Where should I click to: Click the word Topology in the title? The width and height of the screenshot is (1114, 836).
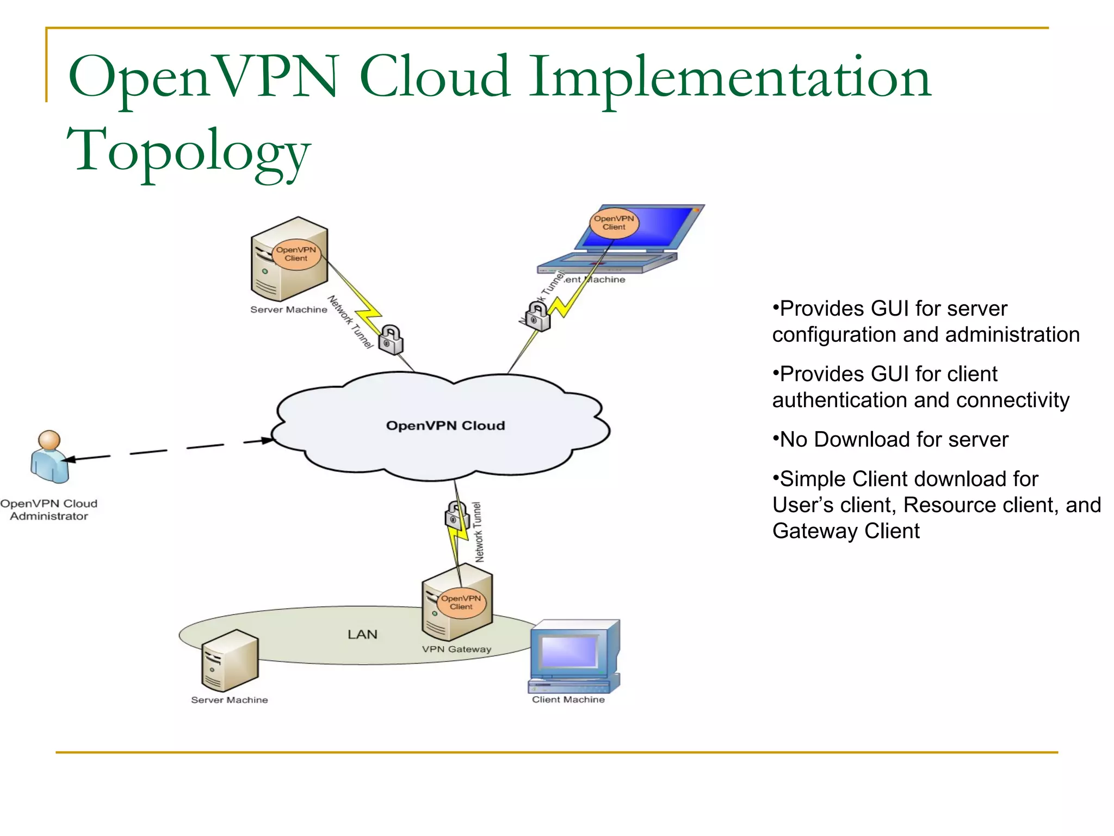188,150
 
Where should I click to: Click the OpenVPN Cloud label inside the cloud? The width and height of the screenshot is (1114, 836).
445,426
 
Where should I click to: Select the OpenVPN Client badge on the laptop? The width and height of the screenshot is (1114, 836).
614,223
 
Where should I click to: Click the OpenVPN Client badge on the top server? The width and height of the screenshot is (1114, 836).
296,254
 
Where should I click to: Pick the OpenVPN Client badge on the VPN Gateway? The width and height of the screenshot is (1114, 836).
461,602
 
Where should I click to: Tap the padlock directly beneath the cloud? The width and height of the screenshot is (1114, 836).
456,515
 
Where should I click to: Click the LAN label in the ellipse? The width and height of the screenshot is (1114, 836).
362,634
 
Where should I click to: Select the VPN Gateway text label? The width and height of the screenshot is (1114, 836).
456,649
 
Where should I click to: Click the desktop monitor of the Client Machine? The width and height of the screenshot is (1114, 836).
569,651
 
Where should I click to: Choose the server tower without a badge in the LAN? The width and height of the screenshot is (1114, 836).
229,660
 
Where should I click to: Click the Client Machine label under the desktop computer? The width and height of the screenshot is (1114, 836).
568,699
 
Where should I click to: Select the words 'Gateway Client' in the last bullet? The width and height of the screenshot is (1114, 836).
846,531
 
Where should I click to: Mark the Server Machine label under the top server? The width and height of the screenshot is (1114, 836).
288,309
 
